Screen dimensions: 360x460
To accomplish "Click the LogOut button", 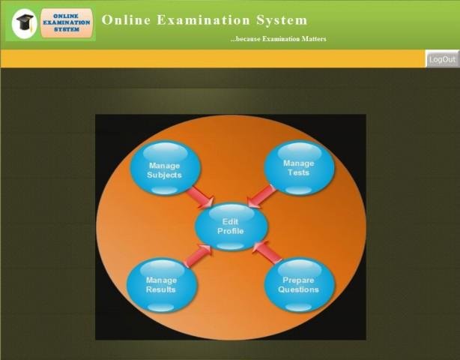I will coord(442,59).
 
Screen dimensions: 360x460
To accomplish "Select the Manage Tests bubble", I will coord(298,168).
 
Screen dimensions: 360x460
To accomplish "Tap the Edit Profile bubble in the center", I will coord(230,226).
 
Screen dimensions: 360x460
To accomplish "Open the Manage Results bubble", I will coord(161,285).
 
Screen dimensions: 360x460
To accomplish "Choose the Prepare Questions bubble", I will coord(298,285).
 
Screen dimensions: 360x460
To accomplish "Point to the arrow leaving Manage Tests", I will coord(261,196).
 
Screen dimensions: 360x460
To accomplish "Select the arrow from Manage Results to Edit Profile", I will coord(198,255).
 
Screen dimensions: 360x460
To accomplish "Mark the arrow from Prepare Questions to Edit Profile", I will coord(266,253).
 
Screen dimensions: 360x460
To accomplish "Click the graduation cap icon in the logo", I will coord(24,24).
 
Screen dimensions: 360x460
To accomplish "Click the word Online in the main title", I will coord(126,20).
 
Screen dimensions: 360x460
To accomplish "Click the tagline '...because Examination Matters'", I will coord(278,39).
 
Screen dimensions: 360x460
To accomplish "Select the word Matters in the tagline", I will coord(312,39).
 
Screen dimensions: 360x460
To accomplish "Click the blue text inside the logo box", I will coord(67,24).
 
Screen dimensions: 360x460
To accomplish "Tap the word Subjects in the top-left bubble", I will coord(164,175).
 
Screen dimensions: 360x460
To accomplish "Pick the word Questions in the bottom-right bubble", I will coord(298,290).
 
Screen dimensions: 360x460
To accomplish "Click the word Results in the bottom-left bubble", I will coord(161,290).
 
